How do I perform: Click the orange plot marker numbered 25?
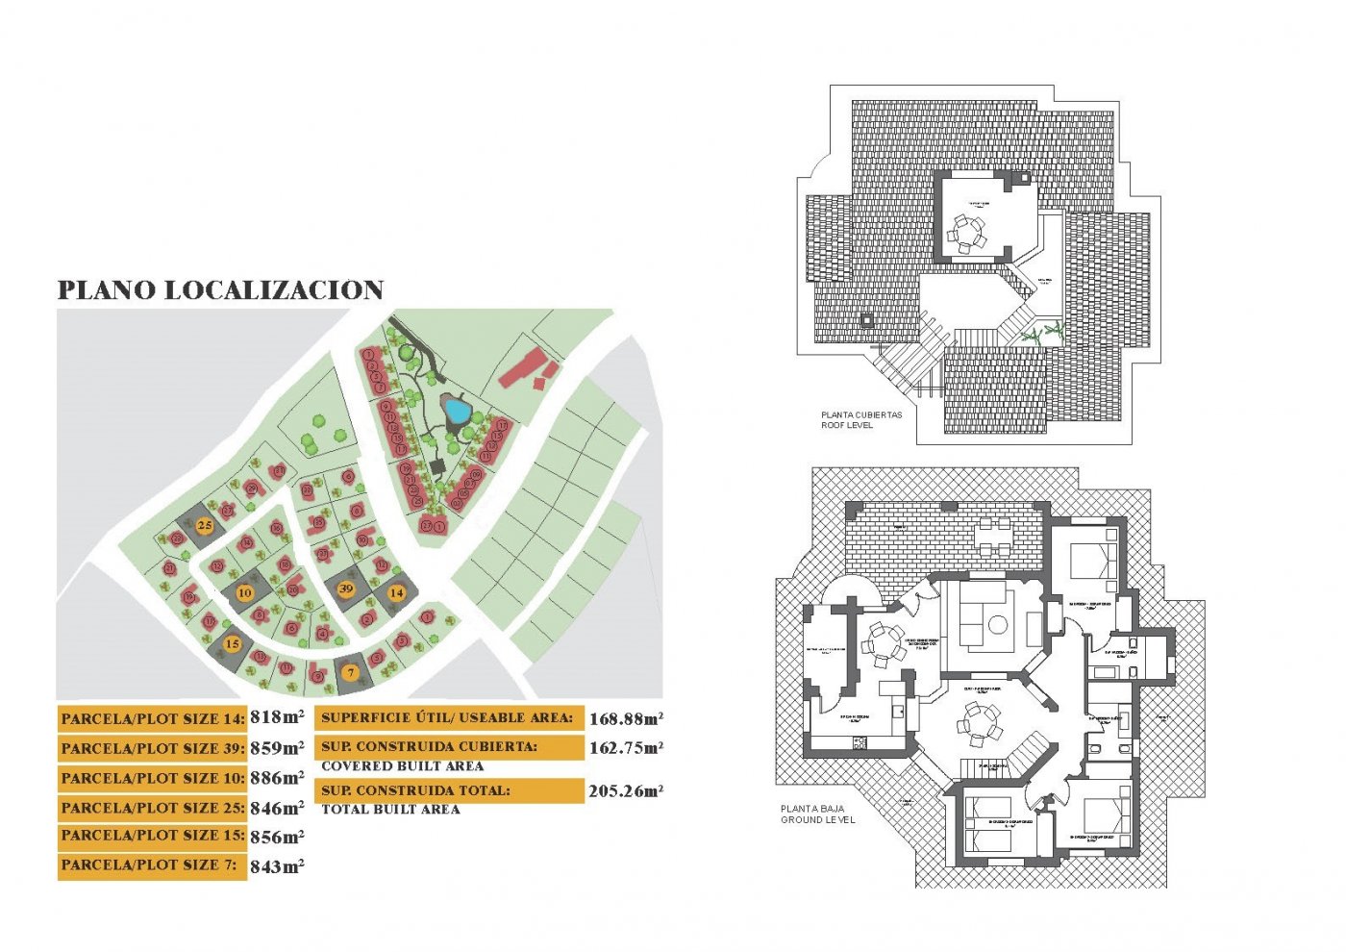pos(205,526)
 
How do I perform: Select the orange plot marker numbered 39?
pos(346,589)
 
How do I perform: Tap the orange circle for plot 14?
pos(396,593)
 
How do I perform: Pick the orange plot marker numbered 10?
pos(244,592)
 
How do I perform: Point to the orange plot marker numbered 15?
pos(232,643)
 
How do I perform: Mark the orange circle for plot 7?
pos(351,672)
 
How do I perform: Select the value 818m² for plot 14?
pos(277,716)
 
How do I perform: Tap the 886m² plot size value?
pos(277,777)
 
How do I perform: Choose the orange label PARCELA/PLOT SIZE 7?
pos(152,865)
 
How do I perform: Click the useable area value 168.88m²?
pos(626,718)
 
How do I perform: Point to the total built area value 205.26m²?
pos(626,791)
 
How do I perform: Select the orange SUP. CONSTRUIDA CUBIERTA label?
pos(448,747)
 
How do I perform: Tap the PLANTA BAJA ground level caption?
pos(816,814)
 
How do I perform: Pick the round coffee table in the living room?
pos(998,625)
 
